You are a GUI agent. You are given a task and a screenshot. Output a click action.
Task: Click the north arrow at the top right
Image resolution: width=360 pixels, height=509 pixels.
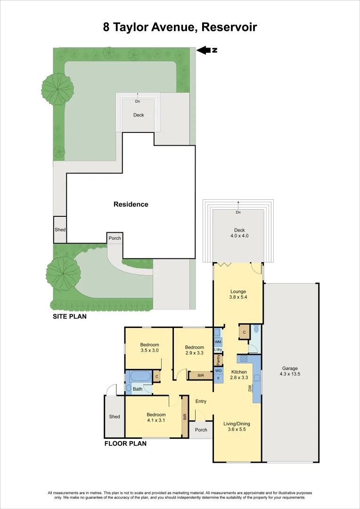click(x=206, y=50)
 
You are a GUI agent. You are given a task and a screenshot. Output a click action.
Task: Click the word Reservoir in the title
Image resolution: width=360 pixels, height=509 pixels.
click(x=229, y=27)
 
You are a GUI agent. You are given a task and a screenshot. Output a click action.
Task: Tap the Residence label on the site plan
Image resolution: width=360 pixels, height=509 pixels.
click(x=131, y=205)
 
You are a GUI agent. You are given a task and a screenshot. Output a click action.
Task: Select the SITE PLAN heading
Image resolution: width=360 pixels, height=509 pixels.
click(x=69, y=317)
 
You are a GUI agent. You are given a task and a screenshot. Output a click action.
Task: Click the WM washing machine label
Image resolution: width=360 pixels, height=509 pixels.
click(x=218, y=341)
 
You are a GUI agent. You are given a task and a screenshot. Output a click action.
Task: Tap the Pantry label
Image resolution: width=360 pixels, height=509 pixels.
click(x=218, y=360)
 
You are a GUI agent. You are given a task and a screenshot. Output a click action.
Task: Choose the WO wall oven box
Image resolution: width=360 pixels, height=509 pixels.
click(x=218, y=370)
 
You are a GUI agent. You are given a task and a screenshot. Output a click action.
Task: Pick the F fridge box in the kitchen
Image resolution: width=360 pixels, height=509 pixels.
click(x=218, y=378)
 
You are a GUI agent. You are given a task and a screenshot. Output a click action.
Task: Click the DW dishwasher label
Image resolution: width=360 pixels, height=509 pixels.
click(x=250, y=388)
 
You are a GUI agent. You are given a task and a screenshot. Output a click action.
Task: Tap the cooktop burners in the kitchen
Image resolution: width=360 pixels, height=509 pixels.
click(x=244, y=359)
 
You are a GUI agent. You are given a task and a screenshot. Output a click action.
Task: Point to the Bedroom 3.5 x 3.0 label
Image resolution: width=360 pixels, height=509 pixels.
click(x=149, y=348)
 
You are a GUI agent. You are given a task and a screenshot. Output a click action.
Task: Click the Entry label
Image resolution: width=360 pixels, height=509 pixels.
click(x=201, y=401)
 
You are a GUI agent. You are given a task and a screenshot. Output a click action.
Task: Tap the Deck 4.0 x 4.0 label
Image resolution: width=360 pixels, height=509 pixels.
click(x=238, y=233)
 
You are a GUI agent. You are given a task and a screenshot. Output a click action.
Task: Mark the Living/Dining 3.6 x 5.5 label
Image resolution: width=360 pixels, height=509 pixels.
click(x=237, y=427)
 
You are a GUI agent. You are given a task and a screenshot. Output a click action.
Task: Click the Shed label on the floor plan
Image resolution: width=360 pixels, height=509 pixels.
click(x=114, y=417)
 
